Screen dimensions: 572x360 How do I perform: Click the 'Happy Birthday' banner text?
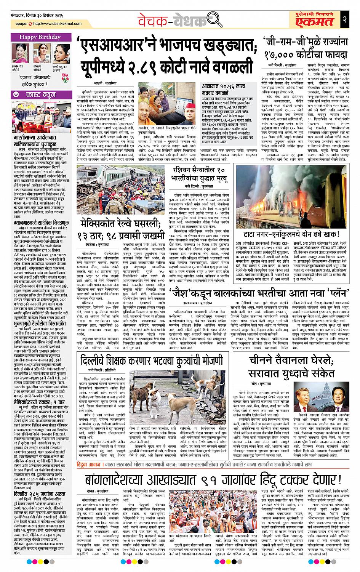40,37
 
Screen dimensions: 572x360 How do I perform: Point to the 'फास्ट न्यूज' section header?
40,94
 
